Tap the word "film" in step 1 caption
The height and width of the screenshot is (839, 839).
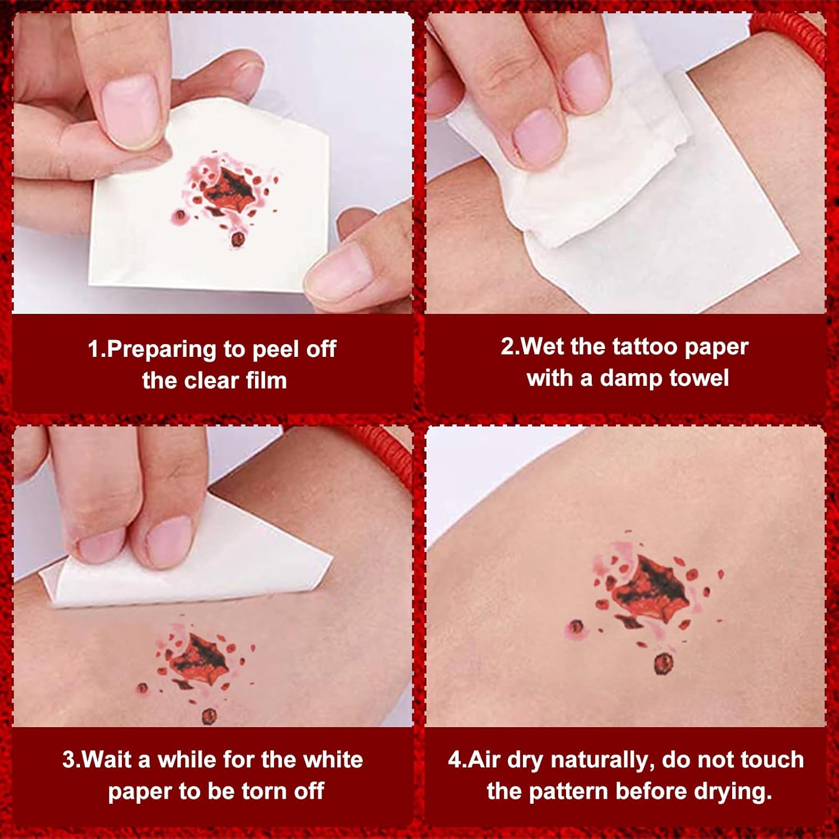[266, 380]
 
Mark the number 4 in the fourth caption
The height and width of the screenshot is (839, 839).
[455, 760]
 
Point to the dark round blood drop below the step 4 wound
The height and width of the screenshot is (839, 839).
[663, 663]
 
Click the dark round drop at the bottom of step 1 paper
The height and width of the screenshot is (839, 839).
[238, 239]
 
